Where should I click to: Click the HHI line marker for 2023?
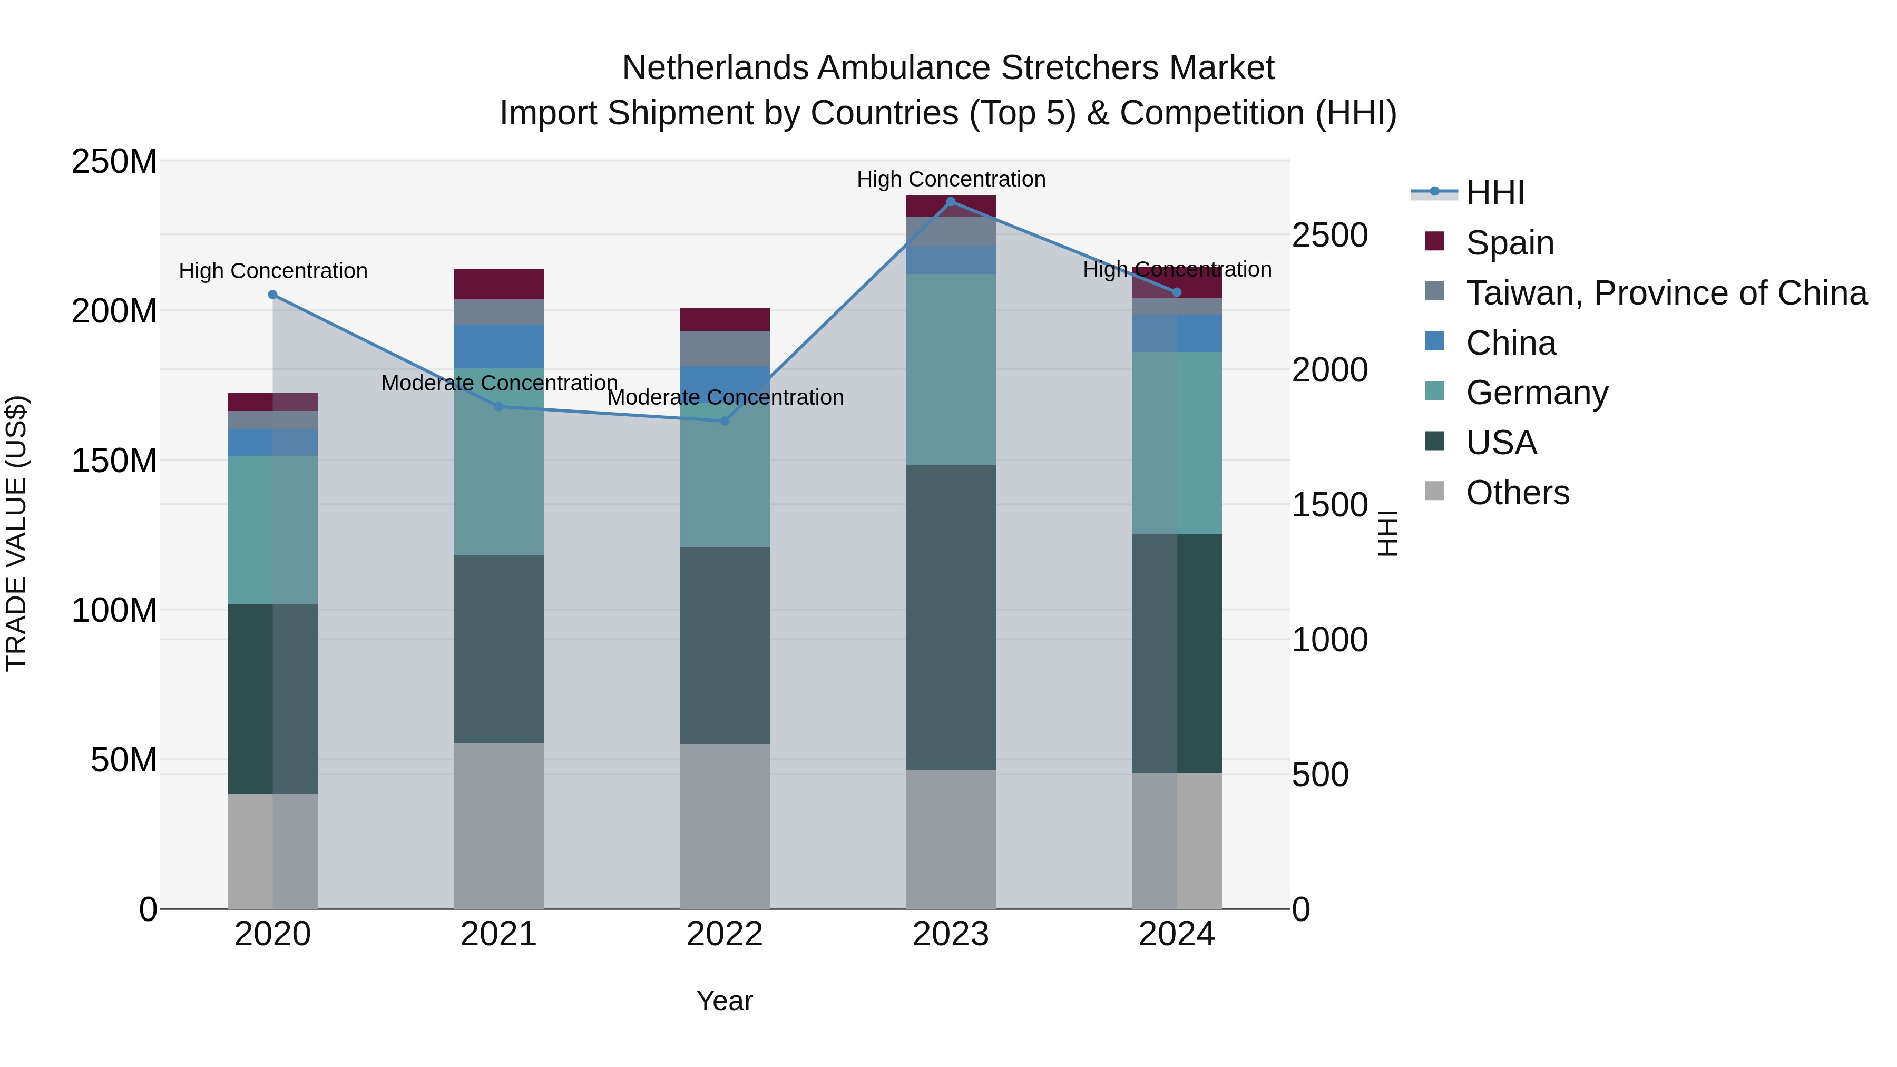click(x=950, y=202)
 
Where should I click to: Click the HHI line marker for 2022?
click(x=724, y=421)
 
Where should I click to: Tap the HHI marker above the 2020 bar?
click(x=272, y=295)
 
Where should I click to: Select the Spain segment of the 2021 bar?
click(x=498, y=284)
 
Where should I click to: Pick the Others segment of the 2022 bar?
click(x=724, y=826)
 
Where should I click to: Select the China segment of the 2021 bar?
click(x=498, y=346)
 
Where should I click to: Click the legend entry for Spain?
click(x=1509, y=243)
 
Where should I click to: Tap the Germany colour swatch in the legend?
click(x=1434, y=391)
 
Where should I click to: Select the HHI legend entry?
click(x=1494, y=193)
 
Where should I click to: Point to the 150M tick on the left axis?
click(x=114, y=461)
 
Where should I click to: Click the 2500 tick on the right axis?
click(x=1329, y=235)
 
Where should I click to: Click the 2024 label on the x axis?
click(x=1176, y=934)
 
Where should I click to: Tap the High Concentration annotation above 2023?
click(x=951, y=179)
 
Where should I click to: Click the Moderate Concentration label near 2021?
click(x=500, y=383)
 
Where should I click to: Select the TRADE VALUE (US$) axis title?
click(x=16, y=533)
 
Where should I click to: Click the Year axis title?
click(x=724, y=1001)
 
